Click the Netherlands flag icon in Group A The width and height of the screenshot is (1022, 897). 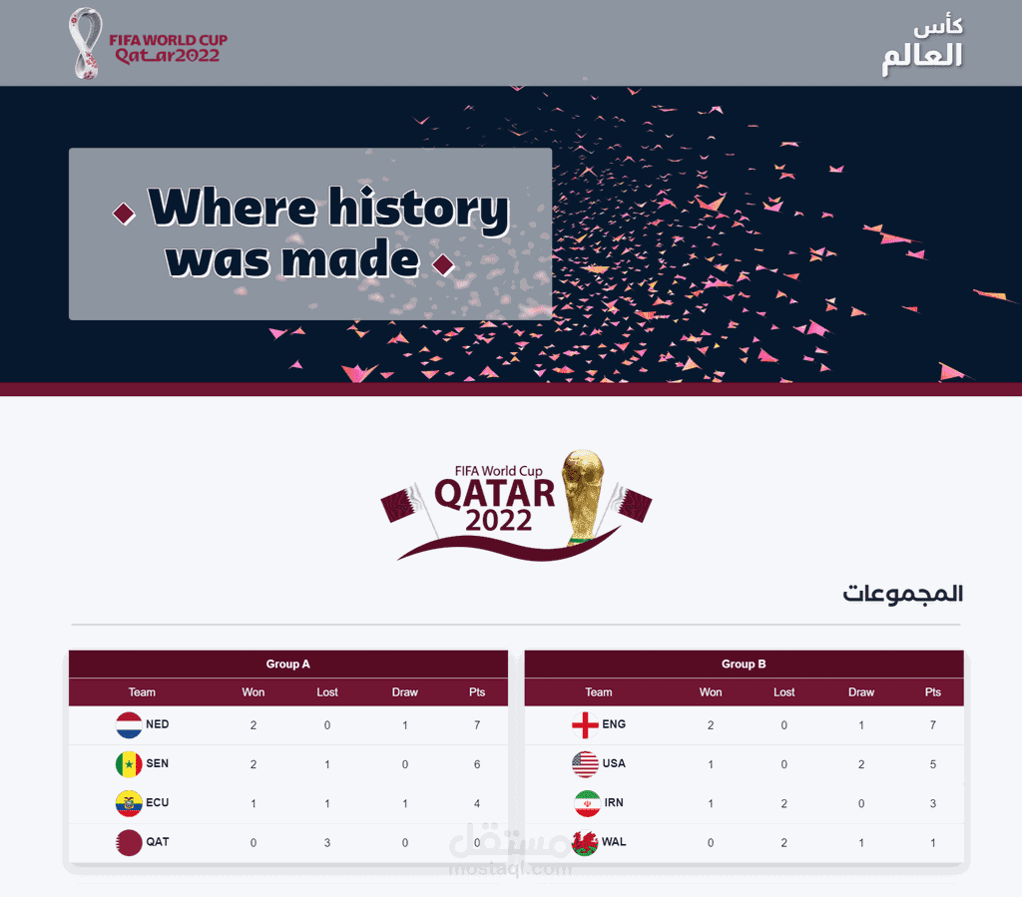click(129, 724)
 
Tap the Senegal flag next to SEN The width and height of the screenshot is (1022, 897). click(129, 764)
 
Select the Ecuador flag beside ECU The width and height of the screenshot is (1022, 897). click(129, 803)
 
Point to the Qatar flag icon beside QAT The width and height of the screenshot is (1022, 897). click(129, 842)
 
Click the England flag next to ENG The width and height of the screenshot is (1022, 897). click(585, 724)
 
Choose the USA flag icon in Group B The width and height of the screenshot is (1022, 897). click(585, 764)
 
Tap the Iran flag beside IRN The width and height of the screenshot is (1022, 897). click(585, 803)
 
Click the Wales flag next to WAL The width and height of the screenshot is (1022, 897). click(585, 842)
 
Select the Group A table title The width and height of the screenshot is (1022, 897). click(287, 665)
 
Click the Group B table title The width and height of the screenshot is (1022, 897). click(744, 665)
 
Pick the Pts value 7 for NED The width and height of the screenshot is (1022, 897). click(478, 725)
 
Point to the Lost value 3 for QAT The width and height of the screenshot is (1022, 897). click(327, 843)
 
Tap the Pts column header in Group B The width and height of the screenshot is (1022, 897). click(933, 692)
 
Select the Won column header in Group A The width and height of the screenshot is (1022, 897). click(254, 692)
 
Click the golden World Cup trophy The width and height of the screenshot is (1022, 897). click(583, 495)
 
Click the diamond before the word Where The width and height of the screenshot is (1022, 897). click(125, 213)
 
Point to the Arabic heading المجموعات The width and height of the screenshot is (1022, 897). click(902, 595)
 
